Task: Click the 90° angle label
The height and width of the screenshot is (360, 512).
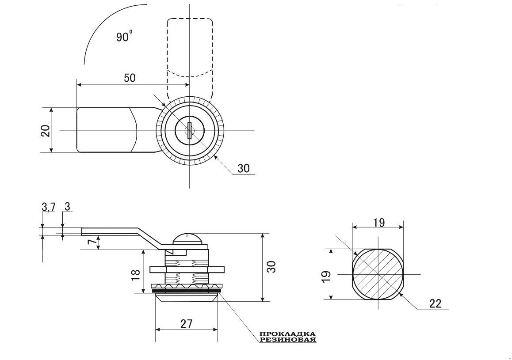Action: click(x=124, y=36)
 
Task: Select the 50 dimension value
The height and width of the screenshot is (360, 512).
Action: click(x=130, y=78)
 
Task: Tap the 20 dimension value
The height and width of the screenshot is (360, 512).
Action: click(x=46, y=131)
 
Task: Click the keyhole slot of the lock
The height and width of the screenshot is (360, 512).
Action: click(x=189, y=131)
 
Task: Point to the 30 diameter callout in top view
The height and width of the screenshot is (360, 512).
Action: click(x=243, y=168)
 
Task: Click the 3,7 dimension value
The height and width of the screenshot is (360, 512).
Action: click(x=49, y=207)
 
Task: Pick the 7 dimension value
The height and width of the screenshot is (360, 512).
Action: click(x=93, y=242)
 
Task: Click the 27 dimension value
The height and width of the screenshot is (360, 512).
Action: click(x=186, y=324)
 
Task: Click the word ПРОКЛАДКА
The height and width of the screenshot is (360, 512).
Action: click(x=288, y=334)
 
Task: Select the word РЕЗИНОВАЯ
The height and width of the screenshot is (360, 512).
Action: click(x=288, y=340)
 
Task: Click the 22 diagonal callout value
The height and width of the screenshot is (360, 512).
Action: click(x=435, y=303)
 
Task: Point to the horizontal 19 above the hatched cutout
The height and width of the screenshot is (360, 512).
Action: click(x=379, y=223)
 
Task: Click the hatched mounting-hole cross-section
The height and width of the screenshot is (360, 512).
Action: click(x=378, y=274)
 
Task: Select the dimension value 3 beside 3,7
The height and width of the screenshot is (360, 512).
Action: click(x=68, y=206)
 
